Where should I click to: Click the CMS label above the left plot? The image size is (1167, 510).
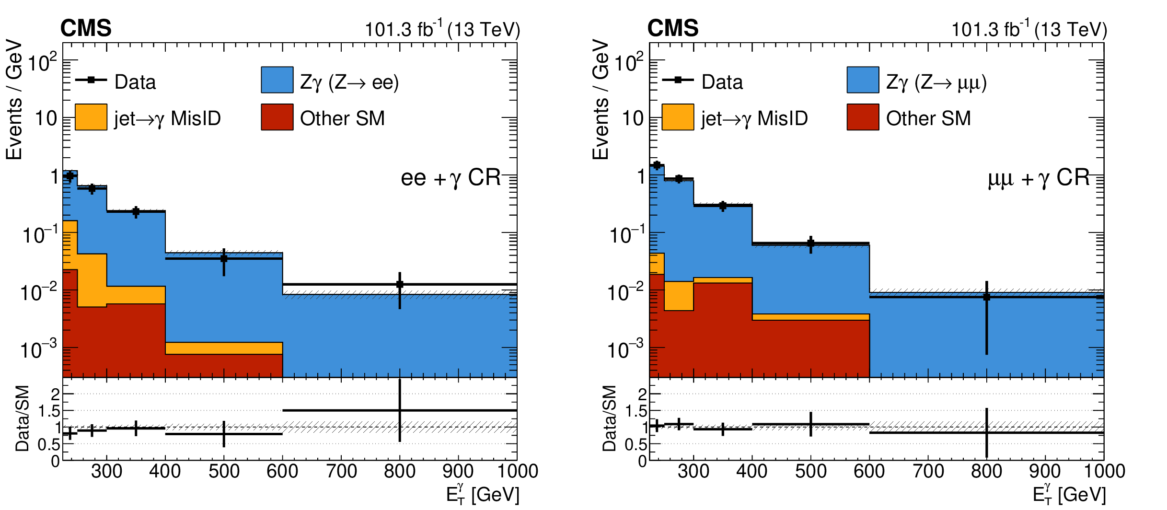pos(86,28)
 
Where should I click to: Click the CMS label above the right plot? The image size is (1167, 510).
pos(673,28)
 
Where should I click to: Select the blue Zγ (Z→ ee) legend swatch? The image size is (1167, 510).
pos(277,80)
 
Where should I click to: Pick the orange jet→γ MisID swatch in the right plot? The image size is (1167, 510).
pos(678,117)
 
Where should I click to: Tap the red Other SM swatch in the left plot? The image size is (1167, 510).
pos(277,117)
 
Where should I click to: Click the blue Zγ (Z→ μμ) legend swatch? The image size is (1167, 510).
pos(863,80)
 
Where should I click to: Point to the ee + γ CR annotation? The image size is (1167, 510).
pos(451,178)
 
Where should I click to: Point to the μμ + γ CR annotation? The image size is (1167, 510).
pos(1039,178)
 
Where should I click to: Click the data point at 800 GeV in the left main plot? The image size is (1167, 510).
pos(400,285)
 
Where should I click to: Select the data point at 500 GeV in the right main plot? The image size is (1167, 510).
pos(810,243)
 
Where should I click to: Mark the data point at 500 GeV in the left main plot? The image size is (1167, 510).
pos(224,259)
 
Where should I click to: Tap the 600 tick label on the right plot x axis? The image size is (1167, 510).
pos(869,471)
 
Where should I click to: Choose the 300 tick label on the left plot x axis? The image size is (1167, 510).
pos(106,471)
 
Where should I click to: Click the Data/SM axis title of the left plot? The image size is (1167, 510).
pos(23,418)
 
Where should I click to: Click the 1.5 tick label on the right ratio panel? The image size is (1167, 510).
pos(636,411)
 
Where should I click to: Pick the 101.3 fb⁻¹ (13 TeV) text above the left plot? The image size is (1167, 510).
pos(442,30)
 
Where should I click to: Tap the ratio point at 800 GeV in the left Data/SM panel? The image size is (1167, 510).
pos(400,410)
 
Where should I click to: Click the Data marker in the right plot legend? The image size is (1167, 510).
pos(678,80)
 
